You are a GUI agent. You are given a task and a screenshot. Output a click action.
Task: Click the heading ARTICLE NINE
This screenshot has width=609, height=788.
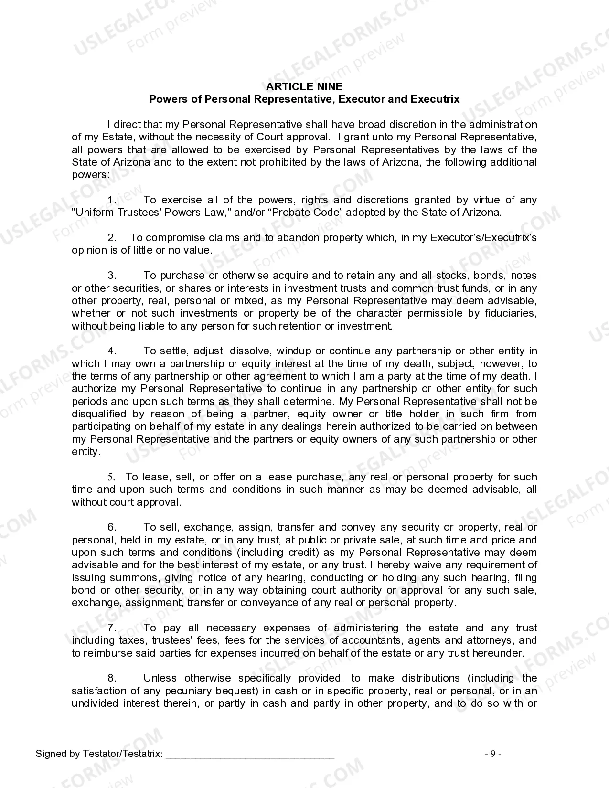pyautogui.click(x=304, y=86)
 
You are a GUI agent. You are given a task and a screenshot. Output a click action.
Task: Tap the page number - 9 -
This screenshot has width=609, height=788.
pyautogui.click(x=493, y=754)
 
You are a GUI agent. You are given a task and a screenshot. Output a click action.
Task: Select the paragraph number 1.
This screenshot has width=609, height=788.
pyautogui.click(x=112, y=200)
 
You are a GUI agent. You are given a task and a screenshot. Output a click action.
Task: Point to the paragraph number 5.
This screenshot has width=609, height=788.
pyautogui.click(x=111, y=477)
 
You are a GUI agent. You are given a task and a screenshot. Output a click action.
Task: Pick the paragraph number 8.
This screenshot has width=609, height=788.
pyautogui.click(x=112, y=678)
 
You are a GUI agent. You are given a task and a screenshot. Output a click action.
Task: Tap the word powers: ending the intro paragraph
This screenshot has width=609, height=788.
pyautogui.click(x=91, y=175)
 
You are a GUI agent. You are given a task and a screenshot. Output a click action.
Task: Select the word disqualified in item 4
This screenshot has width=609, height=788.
pyautogui.click(x=99, y=414)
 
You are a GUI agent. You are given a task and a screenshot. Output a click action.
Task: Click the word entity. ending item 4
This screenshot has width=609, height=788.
pyautogui.click(x=86, y=451)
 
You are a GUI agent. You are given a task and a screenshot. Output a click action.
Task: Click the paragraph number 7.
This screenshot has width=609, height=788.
pyautogui.click(x=112, y=628)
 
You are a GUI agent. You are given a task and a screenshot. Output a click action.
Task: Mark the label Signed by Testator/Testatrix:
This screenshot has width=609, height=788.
pyautogui.click(x=99, y=754)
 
